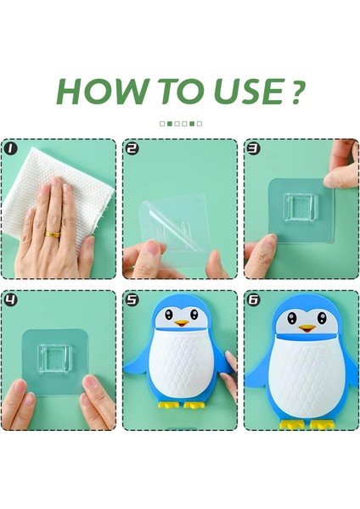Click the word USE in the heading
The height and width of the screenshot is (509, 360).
[x=248, y=92]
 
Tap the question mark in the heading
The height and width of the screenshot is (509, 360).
[x=296, y=92]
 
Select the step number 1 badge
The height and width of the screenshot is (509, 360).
[x=11, y=148]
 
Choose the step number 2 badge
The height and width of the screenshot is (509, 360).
[x=132, y=148]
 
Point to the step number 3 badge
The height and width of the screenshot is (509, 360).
[x=254, y=148]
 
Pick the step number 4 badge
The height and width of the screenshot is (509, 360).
[x=11, y=299]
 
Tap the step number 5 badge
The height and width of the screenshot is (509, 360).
[x=132, y=299]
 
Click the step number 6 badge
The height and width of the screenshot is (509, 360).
[x=254, y=299]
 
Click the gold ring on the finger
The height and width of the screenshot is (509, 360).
[x=53, y=234]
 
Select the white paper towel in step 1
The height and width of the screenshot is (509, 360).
[x=65, y=188]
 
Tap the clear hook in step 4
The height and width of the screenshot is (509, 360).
[x=54, y=359]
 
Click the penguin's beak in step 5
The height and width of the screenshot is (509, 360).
[x=182, y=323]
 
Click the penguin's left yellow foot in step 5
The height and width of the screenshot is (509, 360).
[x=168, y=405]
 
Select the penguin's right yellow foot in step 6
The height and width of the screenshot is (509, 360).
[x=321, y=424]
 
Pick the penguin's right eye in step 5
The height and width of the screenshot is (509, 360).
[x=194, y=314]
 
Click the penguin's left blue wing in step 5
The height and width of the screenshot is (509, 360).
[x=138, y=364]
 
